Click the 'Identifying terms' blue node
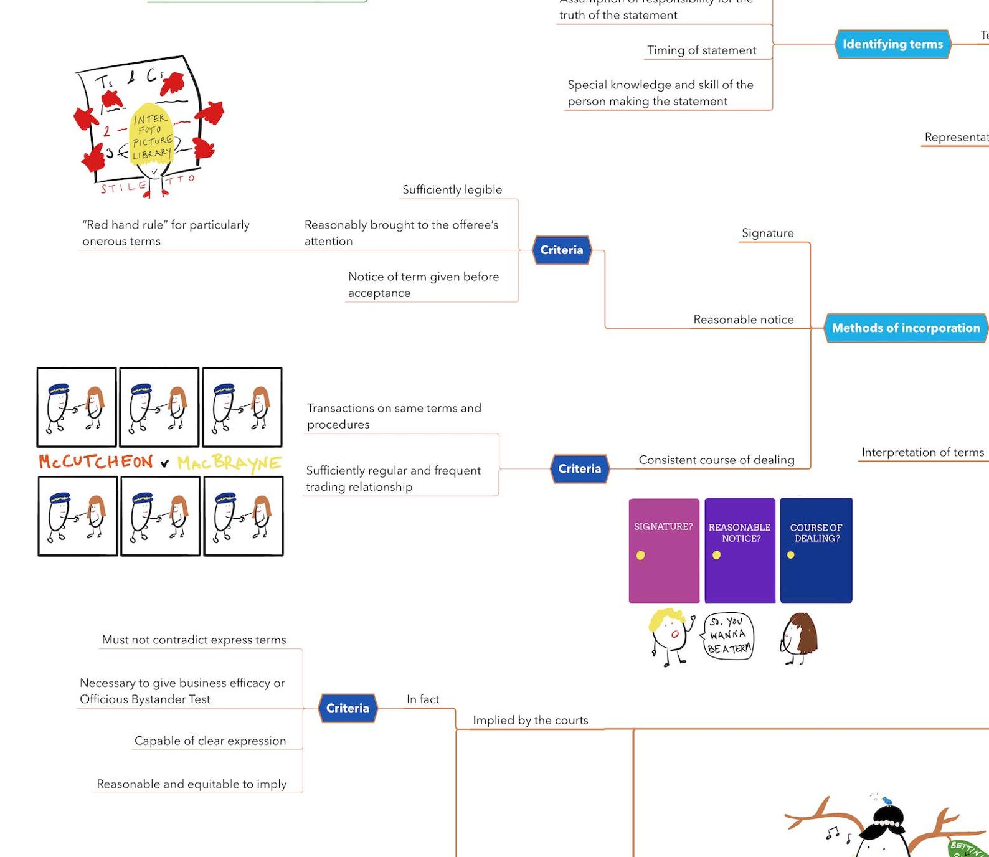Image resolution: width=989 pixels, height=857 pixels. (892, 44)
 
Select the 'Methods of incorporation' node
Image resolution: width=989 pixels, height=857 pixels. (906, 328)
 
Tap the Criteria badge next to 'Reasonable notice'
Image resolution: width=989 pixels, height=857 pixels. (561, 250)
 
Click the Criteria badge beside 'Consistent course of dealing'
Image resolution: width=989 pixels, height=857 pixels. (579, 469)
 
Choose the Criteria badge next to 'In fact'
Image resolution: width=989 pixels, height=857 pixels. (348, 708)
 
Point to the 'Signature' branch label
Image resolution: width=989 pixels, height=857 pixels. (767, 233)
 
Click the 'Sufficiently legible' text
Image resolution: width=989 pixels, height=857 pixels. (452, 190)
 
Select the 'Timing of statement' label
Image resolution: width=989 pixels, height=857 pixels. (701, 50)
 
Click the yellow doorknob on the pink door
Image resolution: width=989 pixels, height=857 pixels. (640, 556)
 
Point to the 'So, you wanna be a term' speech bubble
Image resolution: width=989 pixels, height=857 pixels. (729, 636)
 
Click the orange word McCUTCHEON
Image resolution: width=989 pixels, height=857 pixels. (95, 462)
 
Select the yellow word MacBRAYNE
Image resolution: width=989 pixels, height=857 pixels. (229, 463)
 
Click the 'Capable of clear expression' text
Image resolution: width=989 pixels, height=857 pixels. (210, 741)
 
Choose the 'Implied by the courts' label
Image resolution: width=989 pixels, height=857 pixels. (530, 721)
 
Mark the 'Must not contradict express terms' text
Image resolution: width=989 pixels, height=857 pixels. (194, 640)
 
